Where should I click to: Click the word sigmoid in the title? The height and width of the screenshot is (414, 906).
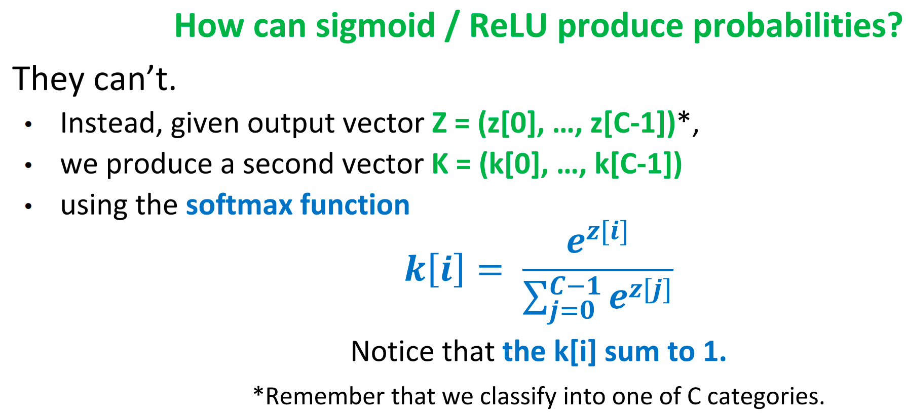tap(375, 26)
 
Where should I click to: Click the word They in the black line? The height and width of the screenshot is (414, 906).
tap(48, 78)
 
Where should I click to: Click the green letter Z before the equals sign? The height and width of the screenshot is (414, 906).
tap(439, 123)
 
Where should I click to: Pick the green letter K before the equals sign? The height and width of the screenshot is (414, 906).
tap(440, 164)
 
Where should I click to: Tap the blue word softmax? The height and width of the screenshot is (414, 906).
tap(239, 205)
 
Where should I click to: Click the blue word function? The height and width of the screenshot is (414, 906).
tap(355, 205)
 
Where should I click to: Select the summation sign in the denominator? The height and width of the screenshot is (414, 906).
tap(534, 298)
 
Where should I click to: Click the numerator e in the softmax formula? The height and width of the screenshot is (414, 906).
tap(576, 242)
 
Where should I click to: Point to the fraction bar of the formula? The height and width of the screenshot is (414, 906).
tap(597, 270)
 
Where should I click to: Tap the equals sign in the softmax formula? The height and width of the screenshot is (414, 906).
tap(489, 270)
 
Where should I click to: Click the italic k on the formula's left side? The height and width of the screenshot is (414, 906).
tap(416, 269)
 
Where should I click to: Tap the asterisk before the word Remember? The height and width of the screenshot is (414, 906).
tap(258, 392)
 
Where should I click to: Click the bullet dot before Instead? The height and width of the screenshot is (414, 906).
tap(28, 125)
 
